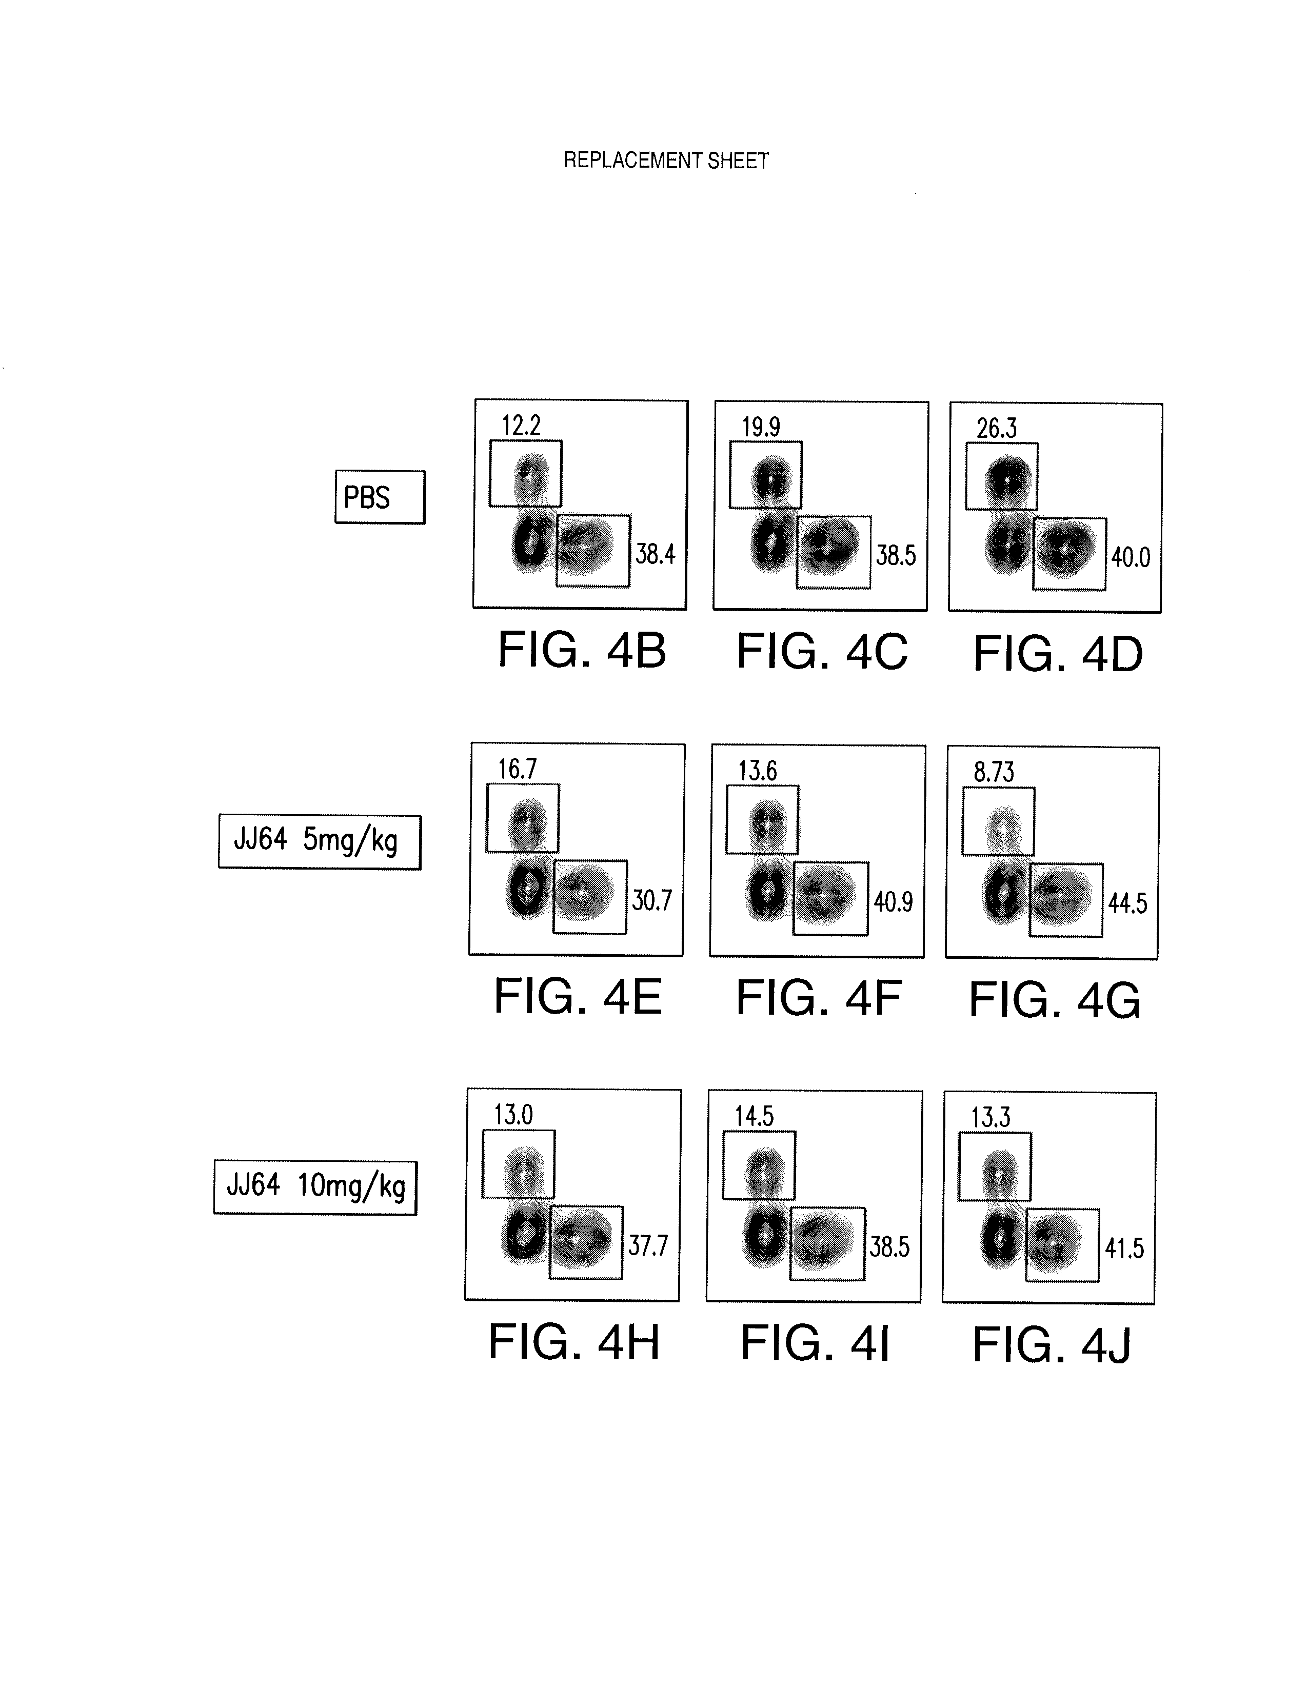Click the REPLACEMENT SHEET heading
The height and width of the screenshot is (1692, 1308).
point(666,160)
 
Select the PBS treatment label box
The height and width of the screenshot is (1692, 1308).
point(380,497)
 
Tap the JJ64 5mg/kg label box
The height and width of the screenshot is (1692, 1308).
point(319,841)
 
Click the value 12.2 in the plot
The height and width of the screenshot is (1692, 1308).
point(521,426)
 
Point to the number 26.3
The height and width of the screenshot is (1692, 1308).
point(997,428)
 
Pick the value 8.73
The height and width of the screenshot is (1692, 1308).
point(994,772)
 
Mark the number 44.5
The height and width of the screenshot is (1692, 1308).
point(1127,903)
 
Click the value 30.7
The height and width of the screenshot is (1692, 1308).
point(651,900)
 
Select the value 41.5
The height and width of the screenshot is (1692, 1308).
point(1124,1249)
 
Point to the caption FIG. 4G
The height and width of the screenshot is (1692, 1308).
point(1055,1000)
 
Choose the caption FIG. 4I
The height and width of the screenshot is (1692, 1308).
point(815,1343)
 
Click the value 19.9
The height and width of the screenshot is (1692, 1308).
point(761,427)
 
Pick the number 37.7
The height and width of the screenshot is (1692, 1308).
point(648,1246)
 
